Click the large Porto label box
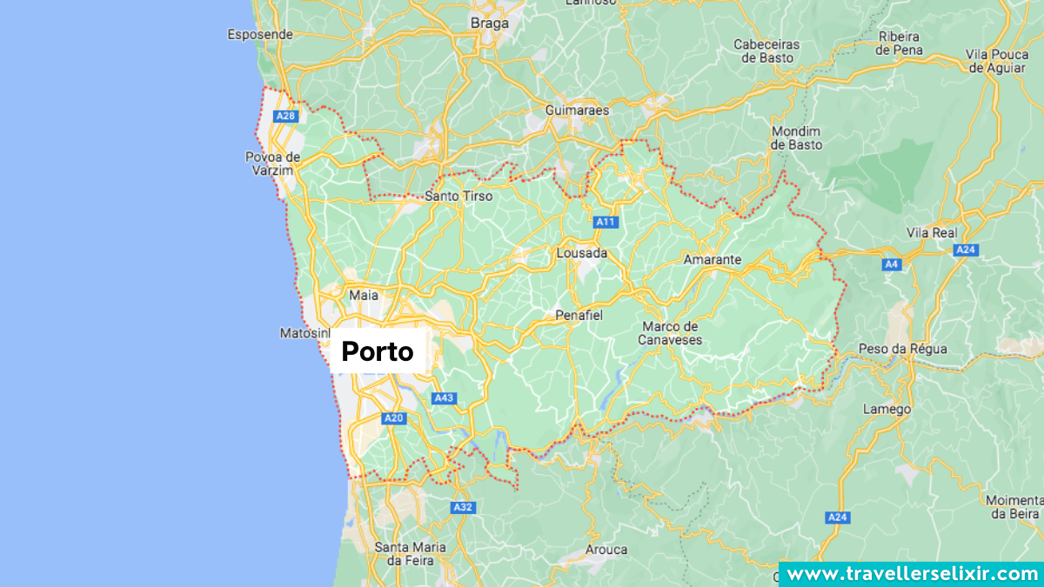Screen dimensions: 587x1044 tap(378, 351)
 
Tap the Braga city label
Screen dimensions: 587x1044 tap(489, 23)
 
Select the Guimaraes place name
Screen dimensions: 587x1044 tap(577, 110)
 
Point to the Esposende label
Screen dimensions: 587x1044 tap(260, 35)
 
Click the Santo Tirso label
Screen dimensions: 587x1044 tap(458, 196)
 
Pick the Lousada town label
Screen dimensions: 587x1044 tap(582, 253)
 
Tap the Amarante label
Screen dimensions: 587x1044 tap(713, 259)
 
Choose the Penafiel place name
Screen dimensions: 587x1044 tap(579, 315)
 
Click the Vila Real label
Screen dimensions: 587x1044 tap(932, 232)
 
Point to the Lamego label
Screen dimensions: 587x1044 tap(887, 409)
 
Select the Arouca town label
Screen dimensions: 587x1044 tap(606, 550)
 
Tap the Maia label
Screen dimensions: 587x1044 tap(364, 295)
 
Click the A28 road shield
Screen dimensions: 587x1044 tap(285, 116)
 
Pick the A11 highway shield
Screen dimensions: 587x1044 tap(606, 222)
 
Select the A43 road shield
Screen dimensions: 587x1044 tap(444, 398)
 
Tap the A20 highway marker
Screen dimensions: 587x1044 tap(394, 418)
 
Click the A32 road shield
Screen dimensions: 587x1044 tap(462, 507)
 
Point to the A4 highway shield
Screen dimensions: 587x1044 tap(890, 264)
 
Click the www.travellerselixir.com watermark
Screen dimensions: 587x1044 tap(911, 574)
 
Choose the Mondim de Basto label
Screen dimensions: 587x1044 tap(797, 138)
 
